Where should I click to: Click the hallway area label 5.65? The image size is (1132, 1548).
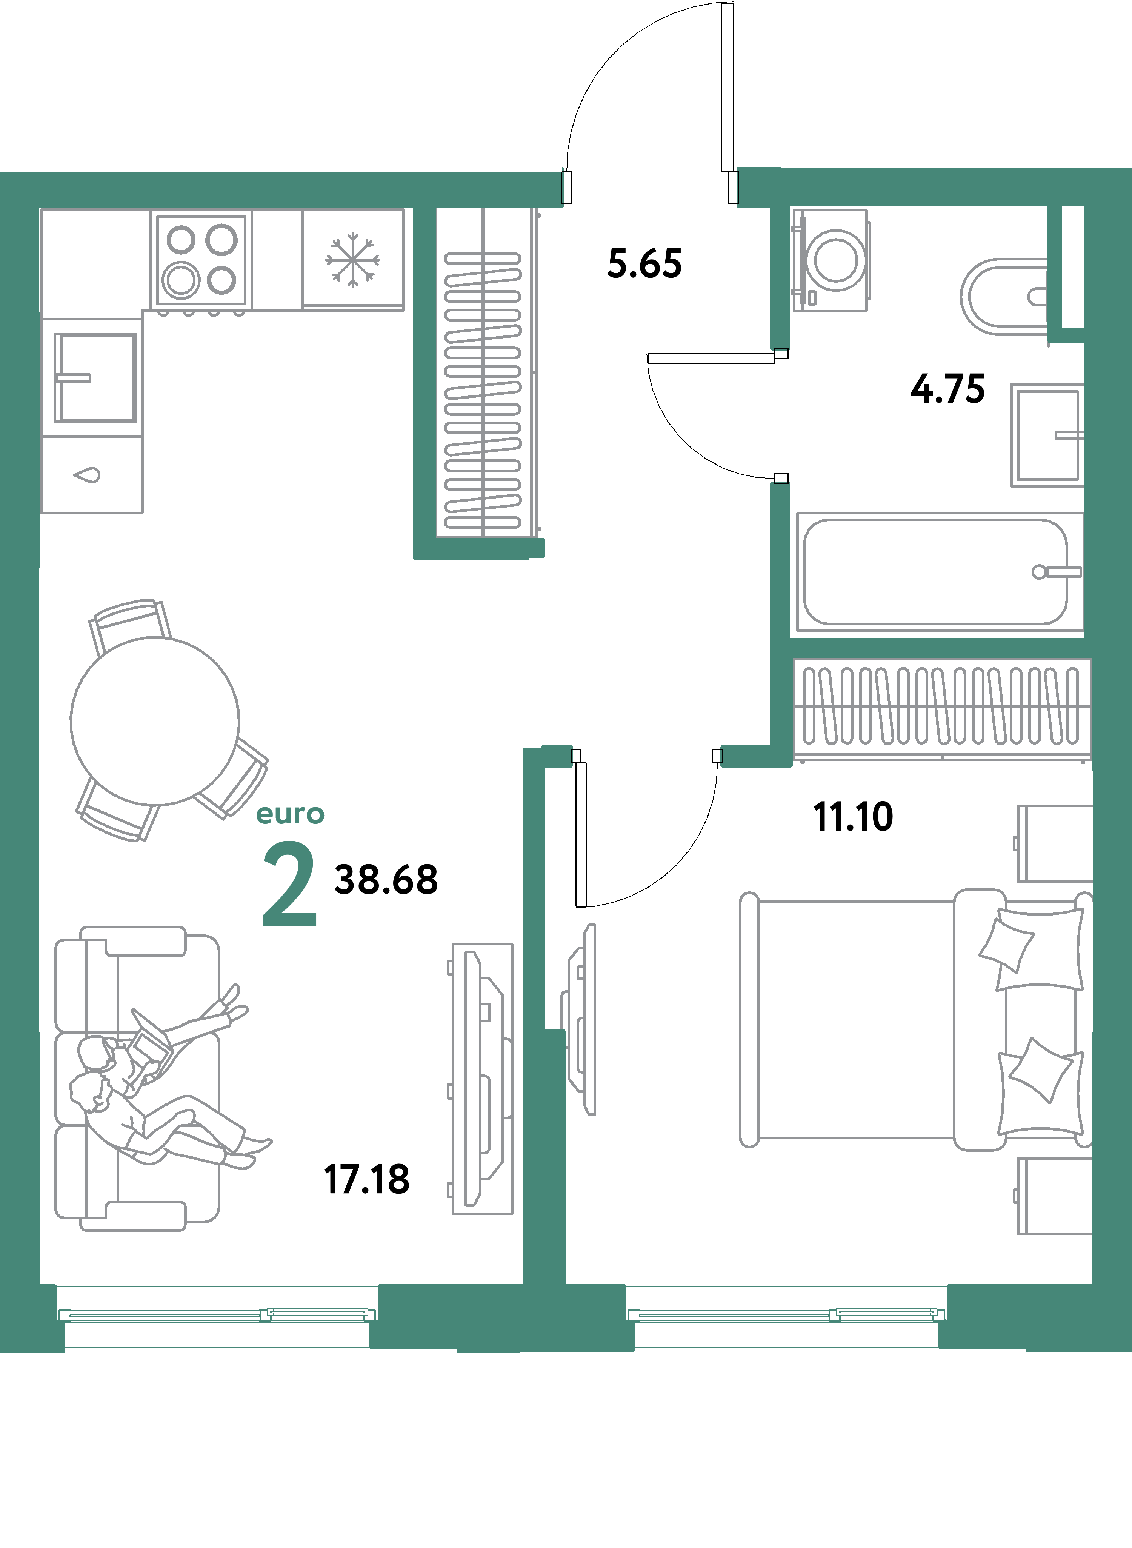coord(644,264)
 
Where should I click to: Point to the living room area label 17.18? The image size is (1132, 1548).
coord(367,1180)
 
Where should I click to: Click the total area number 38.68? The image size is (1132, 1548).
coord(386,880)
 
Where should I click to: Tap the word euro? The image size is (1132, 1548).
coord(290,814)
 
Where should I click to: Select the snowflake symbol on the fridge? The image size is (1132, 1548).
coord(352,260)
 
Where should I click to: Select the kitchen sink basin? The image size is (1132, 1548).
coord(95,378)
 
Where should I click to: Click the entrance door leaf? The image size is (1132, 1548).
coord(727,88)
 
